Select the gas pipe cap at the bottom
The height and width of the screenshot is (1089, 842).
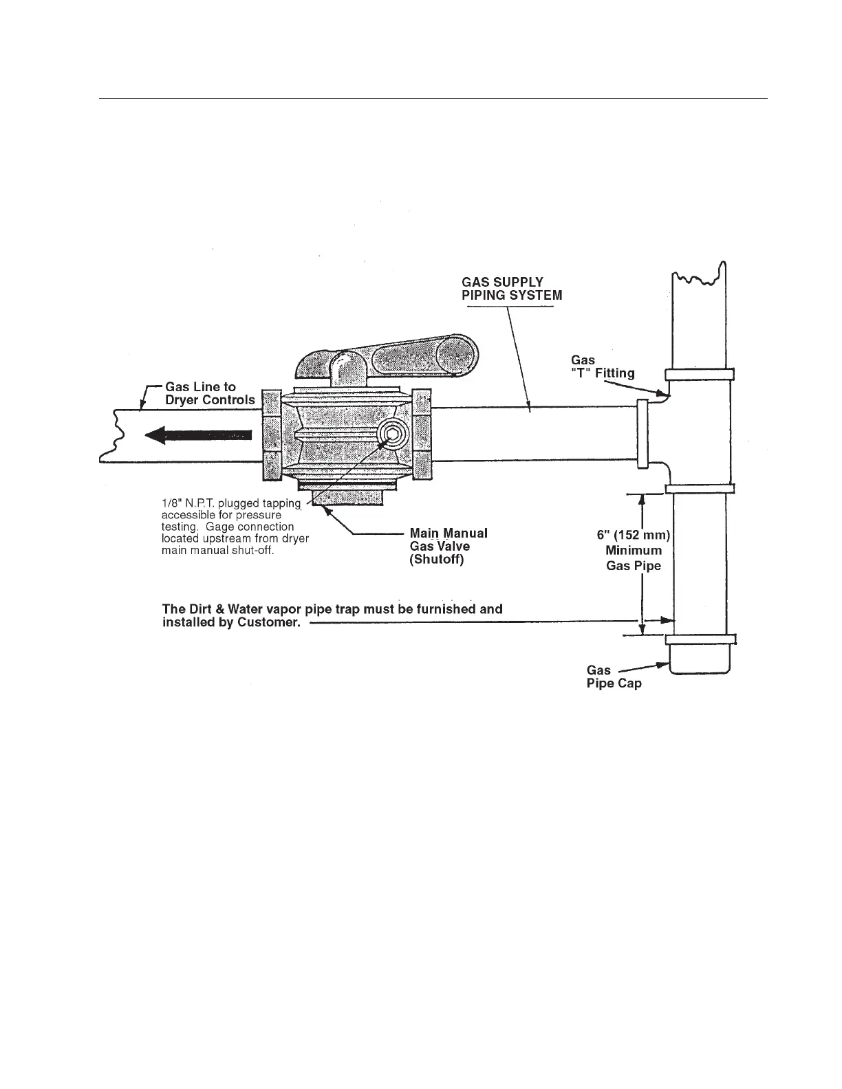699,660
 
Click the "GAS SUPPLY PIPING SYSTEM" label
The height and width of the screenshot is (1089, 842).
511,289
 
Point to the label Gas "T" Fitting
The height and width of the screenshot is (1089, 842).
603,366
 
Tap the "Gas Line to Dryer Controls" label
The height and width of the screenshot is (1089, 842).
209,393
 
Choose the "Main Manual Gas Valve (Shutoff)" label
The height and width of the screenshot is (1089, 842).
448,546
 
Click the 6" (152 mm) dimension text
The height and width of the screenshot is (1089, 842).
633,535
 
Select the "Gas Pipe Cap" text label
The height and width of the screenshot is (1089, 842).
614,676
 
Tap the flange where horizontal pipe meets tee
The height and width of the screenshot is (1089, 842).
643,434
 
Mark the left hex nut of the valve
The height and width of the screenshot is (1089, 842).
272,434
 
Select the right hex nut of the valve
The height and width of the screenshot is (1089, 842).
422,434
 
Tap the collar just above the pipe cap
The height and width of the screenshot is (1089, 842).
700,639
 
